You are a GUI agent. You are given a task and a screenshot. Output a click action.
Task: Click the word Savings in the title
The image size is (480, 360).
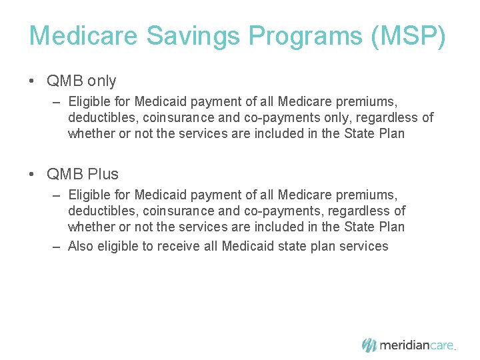pos(176,36)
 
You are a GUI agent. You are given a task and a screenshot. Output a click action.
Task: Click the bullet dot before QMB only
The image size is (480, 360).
pos(32,81)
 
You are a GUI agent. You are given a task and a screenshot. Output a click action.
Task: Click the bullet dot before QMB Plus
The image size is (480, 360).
pos(32,175)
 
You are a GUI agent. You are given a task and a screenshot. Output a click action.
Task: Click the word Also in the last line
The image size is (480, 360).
pos(81,247)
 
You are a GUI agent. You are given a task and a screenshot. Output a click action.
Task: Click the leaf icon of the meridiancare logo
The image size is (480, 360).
pos(369,345)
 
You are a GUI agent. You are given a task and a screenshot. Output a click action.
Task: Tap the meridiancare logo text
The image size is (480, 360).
pos(417,345)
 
